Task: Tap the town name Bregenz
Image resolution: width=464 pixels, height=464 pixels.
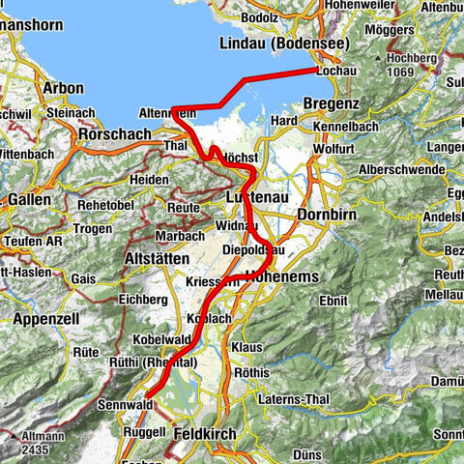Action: pyautogui.click(x=332, y=103)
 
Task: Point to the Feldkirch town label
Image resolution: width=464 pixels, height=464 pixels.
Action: pyautogui.click(x=204, y=436)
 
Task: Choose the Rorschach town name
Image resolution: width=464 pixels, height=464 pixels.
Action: pyautogui.click(x=119, y=133)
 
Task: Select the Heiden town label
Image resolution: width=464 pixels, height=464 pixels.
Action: pyautogui.click(x=150, y=180)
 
